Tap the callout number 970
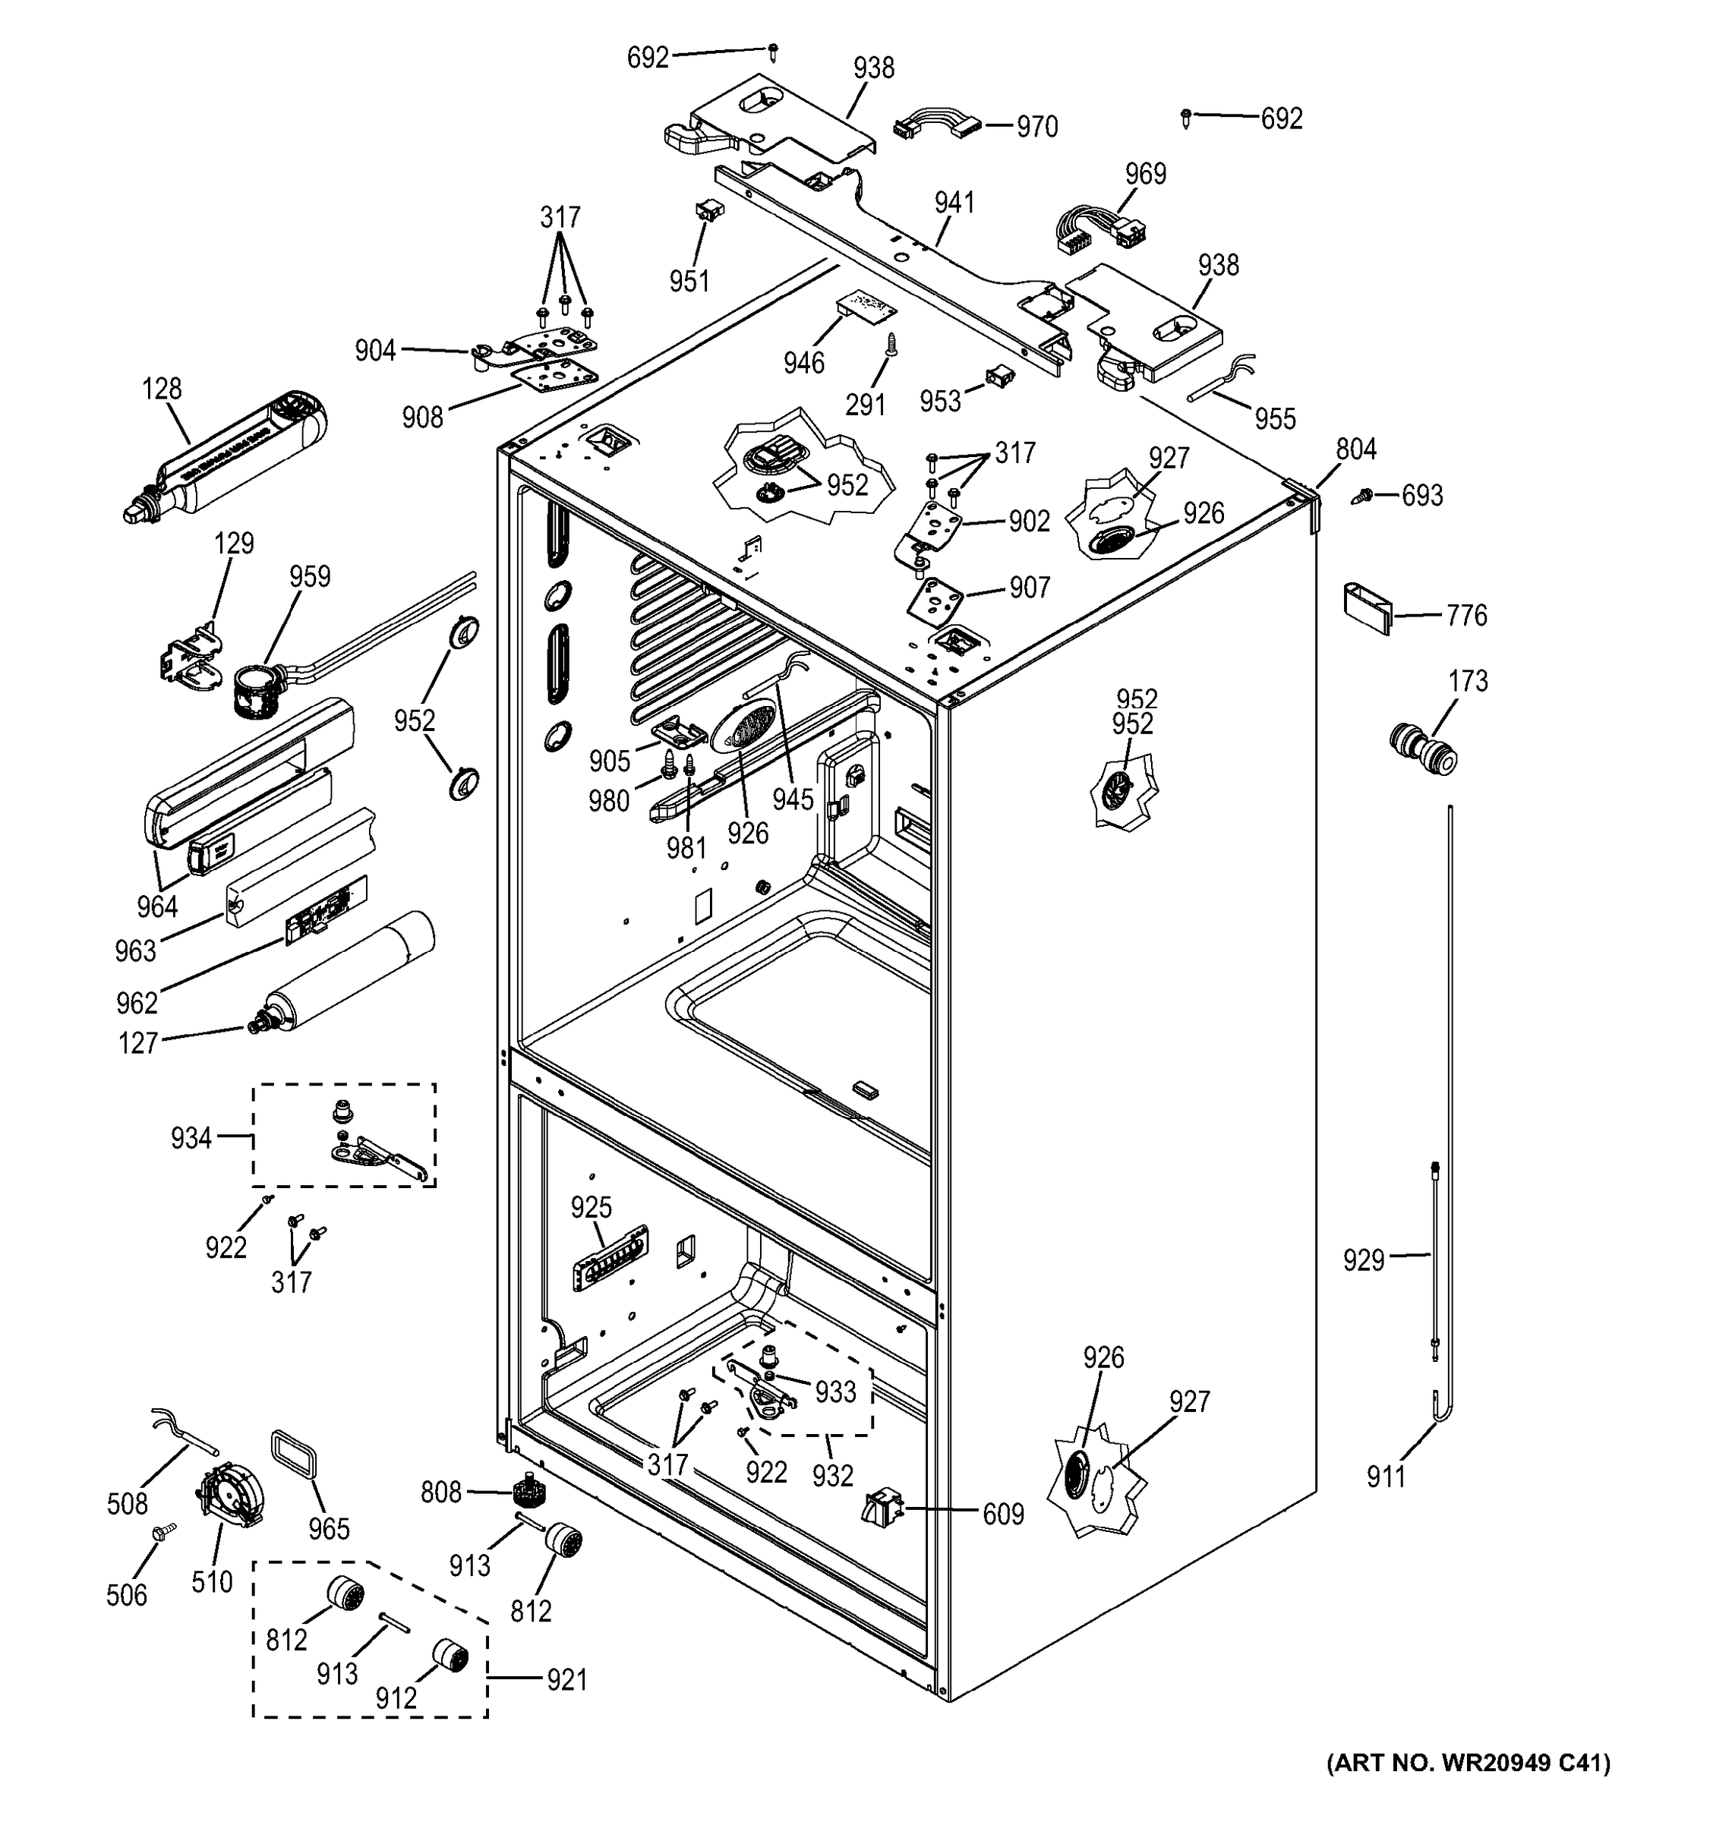coord(1036,127)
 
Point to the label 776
coord(1466,615)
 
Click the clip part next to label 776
coord(1367,607)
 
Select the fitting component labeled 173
coord(1421,750)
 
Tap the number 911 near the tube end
coord(1385,1477)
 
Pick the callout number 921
coord(566,1680)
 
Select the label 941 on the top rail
coord(954,203)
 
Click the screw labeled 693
coord(1363,496)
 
